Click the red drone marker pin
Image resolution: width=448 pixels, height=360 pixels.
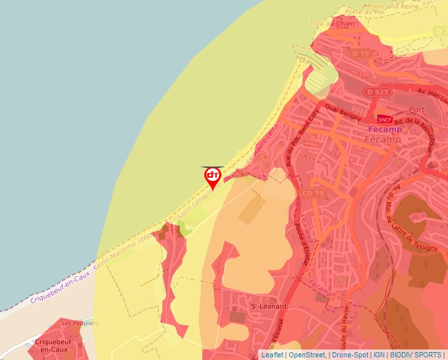(x=212, y=177)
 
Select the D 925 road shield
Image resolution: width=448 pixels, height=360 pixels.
(x=378, y=92)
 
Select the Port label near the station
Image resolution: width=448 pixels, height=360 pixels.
(x=416, y=109)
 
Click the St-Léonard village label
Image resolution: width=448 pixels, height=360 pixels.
(x=269, y=307)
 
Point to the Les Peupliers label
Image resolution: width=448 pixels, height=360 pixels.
(x=80, y=324)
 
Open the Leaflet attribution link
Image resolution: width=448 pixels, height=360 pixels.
(x=272, y=355)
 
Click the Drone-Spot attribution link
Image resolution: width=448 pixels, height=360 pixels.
(x=350, y=355)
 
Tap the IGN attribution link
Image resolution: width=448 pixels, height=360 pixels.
(x=379, y=355)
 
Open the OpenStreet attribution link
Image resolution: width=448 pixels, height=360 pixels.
(x=307, y=355)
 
